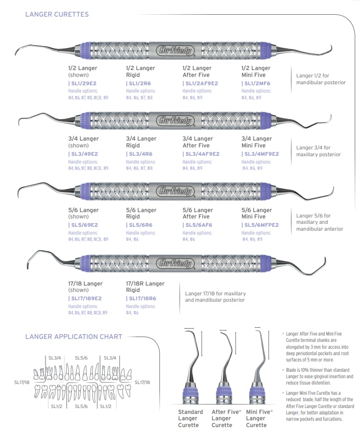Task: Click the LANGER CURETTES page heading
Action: [57, 14]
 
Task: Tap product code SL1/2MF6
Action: [256, 84]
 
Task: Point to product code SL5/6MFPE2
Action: [261, 225]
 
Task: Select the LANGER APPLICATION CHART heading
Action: [73, 337]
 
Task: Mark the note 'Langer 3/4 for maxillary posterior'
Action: [318, 151]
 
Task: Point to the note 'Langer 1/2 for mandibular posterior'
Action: [321, 79]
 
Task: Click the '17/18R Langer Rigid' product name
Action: [145, 287]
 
